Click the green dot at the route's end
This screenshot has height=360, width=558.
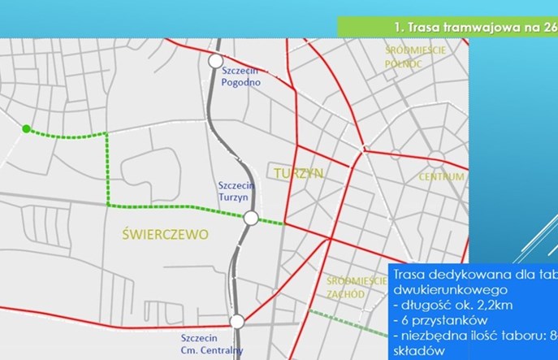tap(26, 128)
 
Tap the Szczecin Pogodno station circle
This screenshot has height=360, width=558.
tap(215, 61)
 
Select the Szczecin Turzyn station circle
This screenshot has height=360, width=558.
tap(251, 218)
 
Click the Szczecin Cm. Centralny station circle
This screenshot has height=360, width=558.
tap(236, 322)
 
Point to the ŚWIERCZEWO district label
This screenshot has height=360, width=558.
tap(164, 234)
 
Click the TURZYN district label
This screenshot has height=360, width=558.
tap(299, 173)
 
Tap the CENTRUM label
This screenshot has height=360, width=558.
tap(441, 176)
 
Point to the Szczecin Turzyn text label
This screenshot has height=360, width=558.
tap(238, 192)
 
